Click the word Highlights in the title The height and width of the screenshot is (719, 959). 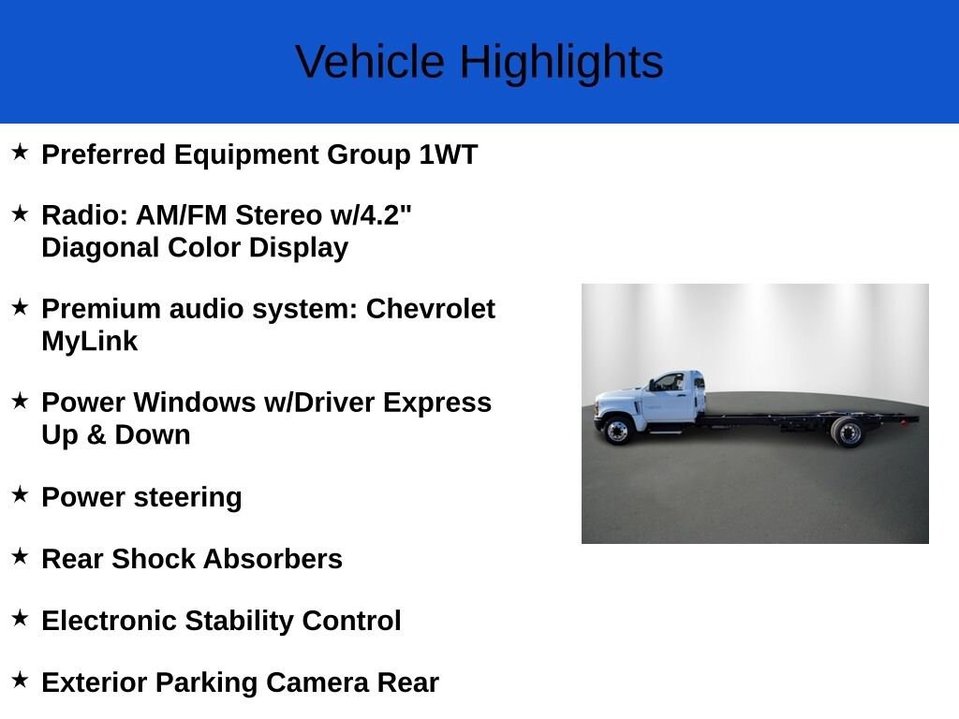click(x=562, y=63)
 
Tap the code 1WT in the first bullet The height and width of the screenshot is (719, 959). click(x=448, y=154)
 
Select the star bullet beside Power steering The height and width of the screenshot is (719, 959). click(x=21, y=494)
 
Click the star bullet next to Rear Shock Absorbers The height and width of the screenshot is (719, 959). click(x=21, y=556)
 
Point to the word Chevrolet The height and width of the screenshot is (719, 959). click(x=431, y=309)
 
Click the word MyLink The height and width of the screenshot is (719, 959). click(x=90, y=341)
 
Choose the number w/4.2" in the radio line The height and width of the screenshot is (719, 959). click(x=371, y=215)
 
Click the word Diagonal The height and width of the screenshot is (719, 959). click(x=100, y=247)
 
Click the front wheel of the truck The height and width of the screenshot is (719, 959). click(x=618, y=431)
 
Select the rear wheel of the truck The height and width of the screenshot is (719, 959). click(x=848, y=433)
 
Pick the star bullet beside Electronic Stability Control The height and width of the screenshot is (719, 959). click(x=21, y=618)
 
